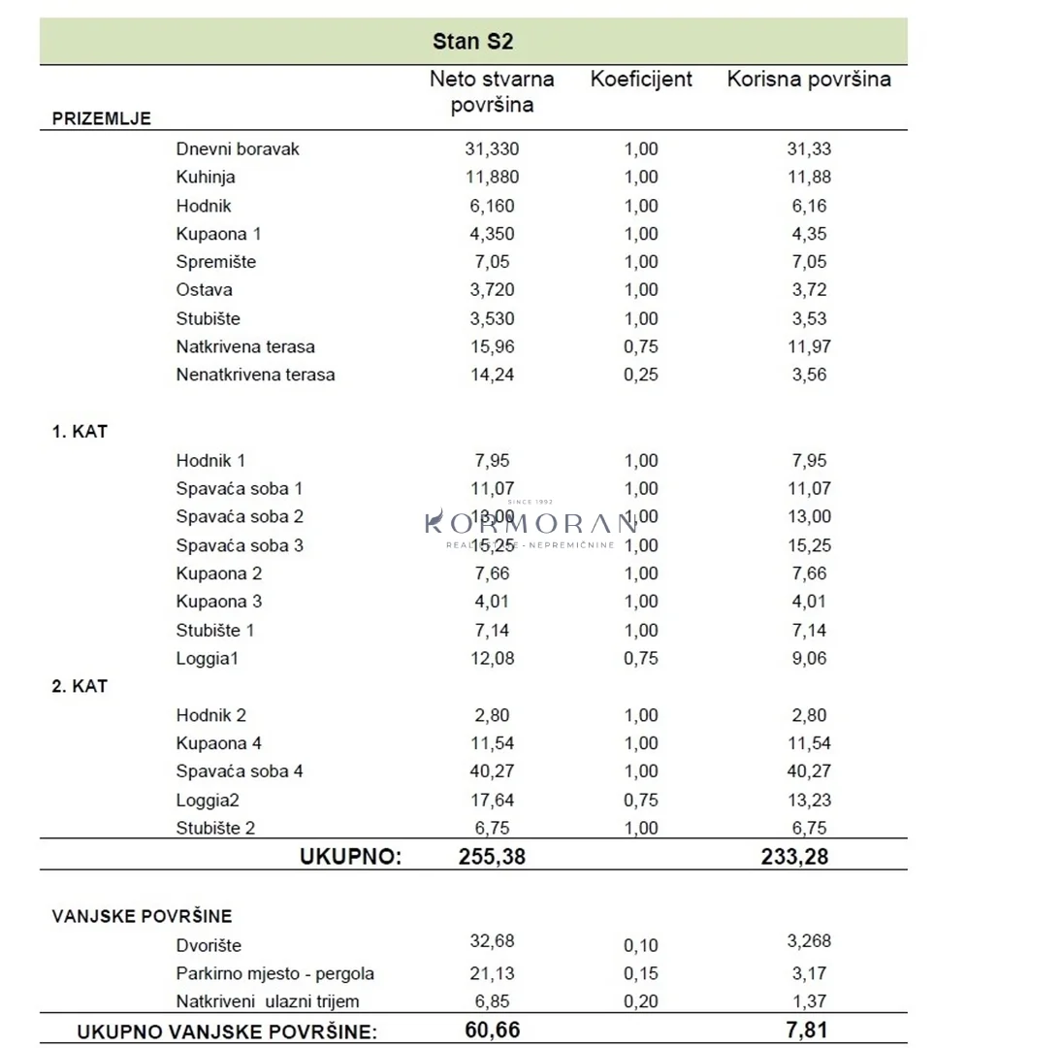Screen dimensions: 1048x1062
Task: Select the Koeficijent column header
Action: coord(641,80)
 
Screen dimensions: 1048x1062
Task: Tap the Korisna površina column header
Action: coord(809,80)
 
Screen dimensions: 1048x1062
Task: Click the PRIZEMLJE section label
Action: coord(101,118)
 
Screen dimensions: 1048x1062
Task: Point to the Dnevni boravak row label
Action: coord(238,148)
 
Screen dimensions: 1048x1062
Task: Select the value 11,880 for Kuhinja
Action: coord(492,177)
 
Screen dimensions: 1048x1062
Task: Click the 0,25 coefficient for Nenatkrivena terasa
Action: coord(641,375)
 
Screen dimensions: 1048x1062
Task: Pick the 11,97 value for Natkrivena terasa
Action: coord(809,346)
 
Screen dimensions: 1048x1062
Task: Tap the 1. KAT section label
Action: coord(80,432)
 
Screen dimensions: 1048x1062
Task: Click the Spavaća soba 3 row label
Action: coord(240,545)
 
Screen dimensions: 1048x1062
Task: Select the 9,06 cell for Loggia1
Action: coord(809,659)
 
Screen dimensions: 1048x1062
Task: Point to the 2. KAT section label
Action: coord(80,686)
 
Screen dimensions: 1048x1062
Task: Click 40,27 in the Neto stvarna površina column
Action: coord(492,771)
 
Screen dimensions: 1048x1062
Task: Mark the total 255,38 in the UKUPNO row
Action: coord(492,856)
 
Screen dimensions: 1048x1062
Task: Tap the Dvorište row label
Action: coord(209,945)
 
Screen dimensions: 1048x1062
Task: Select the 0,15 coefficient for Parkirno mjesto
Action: coord(641,973)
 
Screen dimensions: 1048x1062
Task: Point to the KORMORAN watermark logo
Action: coord(531,524)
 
